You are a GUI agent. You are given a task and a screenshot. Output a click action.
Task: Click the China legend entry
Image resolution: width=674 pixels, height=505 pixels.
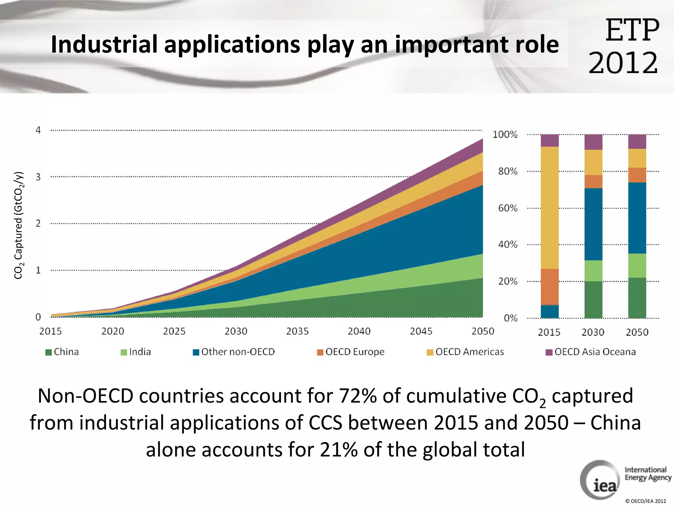point(63,352)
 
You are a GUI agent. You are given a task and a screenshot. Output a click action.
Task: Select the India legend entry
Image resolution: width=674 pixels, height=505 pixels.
point(136,352)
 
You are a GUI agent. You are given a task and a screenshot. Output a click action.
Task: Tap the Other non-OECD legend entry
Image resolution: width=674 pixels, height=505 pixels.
point(234,352)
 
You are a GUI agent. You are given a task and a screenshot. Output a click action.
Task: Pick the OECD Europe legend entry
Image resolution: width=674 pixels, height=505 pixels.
point(351,352)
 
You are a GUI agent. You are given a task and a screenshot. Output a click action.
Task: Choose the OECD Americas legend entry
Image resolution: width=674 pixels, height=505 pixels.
point(465,352)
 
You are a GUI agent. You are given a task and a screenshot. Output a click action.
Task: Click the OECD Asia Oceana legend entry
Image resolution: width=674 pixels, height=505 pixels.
point(591,352)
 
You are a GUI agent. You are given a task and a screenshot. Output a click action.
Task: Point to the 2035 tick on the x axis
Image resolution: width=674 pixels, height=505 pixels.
point(298,331)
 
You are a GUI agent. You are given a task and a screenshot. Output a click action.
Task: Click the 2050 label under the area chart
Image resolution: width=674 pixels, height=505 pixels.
point(483,331)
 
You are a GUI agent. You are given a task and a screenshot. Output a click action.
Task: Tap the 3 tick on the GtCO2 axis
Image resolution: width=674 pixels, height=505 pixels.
point(38,177)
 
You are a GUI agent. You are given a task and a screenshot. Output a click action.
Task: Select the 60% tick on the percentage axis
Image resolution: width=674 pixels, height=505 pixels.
point(507,208)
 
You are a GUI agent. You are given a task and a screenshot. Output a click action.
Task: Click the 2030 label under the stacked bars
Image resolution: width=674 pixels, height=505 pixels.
point(593,332)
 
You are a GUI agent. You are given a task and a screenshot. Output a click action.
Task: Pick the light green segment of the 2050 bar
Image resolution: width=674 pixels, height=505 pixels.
point(637,265)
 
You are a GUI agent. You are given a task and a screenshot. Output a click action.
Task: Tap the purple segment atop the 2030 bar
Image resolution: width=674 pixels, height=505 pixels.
point(593,142)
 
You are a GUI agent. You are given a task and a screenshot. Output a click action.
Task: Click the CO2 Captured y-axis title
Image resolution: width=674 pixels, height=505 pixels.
point(19,225)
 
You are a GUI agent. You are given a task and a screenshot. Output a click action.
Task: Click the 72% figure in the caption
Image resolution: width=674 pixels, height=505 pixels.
point(358,396)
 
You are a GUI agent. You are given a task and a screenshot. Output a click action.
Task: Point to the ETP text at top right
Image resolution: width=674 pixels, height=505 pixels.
point(632,31)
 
